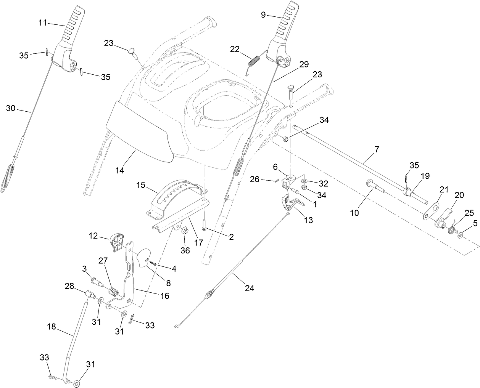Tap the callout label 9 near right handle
263,15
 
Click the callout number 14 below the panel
120,171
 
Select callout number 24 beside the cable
249,289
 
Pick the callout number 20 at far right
459,195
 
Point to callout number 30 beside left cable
11,108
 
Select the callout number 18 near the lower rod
52,327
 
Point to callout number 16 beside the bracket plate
164,295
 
